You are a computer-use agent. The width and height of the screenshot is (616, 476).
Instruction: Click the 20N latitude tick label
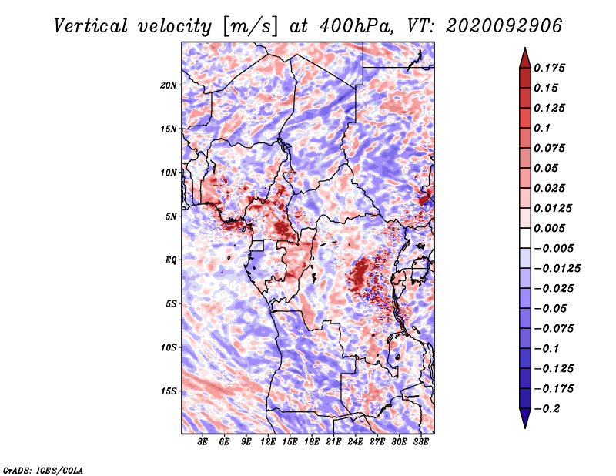169,85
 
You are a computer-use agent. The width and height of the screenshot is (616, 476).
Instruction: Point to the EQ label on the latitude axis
171,260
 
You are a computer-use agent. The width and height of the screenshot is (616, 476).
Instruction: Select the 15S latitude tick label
169,391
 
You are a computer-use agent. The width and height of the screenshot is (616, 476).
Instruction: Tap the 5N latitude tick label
171,216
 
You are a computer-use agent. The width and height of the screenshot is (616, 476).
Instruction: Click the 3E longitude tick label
203,443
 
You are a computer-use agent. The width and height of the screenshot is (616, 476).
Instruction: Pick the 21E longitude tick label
333,443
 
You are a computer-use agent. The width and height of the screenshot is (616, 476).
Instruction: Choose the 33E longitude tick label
420,443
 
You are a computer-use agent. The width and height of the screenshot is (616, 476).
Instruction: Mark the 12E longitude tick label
268,443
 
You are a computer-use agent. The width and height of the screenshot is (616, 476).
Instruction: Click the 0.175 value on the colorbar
551,69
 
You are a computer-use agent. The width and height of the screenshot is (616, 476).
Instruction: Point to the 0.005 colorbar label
551,229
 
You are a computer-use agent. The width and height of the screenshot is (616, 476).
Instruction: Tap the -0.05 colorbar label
551,309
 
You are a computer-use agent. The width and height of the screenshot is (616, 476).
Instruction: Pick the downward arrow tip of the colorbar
524,425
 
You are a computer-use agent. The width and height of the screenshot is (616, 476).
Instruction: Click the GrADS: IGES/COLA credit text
42,469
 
